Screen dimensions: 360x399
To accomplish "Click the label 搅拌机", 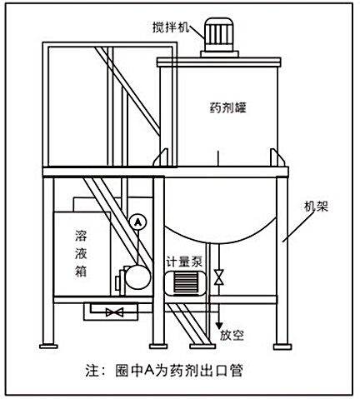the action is click(x=171, y=27).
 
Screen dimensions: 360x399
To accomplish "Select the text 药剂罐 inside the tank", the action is click(x=228, y=108).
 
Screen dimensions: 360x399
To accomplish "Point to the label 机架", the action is click(x=316, y=207).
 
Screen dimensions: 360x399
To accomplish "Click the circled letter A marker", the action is click(x=138, y=222).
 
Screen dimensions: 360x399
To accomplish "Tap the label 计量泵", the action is click(x=184, y=262).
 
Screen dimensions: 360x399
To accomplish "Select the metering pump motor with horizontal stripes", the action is click(x=185, y=282).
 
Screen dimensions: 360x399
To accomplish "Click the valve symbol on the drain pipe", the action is click(x=219, y=277).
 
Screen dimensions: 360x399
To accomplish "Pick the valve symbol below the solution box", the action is click(x=115, y=312).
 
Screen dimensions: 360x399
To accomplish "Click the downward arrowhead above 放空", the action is click(x=219, y=326).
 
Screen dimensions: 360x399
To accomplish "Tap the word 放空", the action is click(x=232, y=336).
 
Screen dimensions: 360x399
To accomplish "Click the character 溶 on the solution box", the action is click(x=81, y=236).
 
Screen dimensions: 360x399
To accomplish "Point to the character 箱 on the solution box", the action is click(x=81, y=271).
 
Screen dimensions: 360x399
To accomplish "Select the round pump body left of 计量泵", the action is click(x=137, y=277).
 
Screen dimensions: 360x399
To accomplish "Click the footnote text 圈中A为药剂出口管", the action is click(x=179, y=370).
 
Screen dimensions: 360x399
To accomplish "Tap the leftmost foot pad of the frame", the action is click(x=48, y=347).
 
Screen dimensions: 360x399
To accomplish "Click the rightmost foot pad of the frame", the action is click(x=282, y=347).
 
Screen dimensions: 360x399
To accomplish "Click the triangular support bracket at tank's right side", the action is click(x=277, y=157).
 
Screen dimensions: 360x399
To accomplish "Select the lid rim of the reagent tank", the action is click(x=219, y=62).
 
